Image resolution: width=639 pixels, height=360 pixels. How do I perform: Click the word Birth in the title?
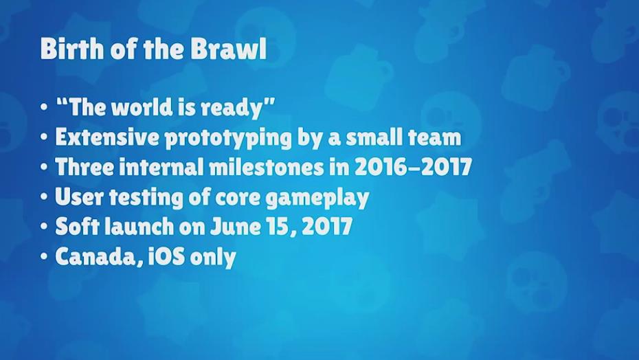[67, 49]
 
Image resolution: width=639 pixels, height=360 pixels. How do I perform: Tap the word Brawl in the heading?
[229, 49]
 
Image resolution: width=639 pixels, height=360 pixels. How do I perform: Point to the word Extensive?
[107, 137]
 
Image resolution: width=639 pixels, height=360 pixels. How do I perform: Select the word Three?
[85, 167]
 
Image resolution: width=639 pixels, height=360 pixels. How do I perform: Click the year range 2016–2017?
[413, 167]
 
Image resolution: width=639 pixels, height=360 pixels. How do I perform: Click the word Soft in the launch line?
[77, 226]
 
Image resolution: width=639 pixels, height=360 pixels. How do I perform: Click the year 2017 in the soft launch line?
[327, 227]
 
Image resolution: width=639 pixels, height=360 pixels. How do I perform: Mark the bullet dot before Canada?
[44, 257]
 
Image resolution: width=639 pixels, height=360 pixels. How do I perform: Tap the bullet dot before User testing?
[44, 197]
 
